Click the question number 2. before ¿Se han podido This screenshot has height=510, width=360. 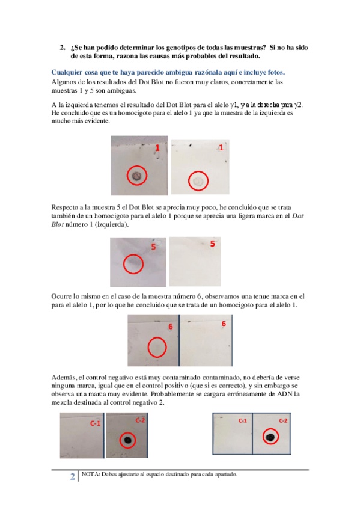[63, 48]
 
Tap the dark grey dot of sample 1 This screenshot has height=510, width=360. [136, 176]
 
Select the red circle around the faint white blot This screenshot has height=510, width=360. [198, 181]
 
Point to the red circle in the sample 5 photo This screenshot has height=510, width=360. [133, 264]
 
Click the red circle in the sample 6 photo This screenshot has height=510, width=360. [157, 347]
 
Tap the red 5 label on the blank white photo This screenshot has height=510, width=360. [213, 244]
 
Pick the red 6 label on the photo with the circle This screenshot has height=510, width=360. [171, 327]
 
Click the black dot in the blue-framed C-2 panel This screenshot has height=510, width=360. [270, 437]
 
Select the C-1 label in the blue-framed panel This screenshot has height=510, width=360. [243, 420]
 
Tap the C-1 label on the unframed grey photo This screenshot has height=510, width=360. [95, 423]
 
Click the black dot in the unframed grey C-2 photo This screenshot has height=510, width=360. [127, 440]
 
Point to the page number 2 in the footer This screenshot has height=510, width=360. [73, 476]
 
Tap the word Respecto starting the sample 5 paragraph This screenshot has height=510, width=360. [65, 207]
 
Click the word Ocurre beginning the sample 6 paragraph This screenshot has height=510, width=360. [61, 296]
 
